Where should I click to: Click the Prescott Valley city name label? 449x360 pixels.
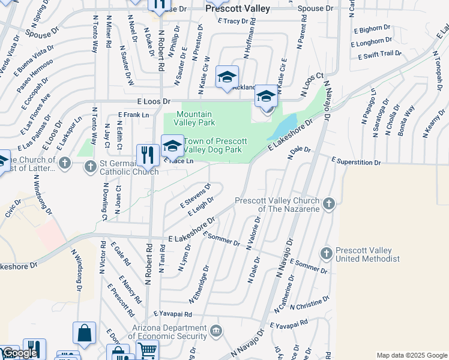coord(238,9)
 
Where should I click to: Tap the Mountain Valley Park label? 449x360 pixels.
coord(194,118)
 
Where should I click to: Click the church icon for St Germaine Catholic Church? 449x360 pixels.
coord(90,166)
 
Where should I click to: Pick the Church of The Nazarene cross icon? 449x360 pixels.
coord(328,205)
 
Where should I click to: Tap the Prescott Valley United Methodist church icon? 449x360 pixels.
coord(326,254)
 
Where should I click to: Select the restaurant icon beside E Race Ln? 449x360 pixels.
coord(148,155)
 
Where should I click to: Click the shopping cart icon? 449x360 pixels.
coord(147,350)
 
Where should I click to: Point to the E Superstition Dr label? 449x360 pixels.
coord(356,162)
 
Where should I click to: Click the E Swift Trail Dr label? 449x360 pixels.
coord(379,55)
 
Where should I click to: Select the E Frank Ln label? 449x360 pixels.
coord(133,114)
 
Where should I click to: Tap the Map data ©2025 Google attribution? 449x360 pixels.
coord(411,355)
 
